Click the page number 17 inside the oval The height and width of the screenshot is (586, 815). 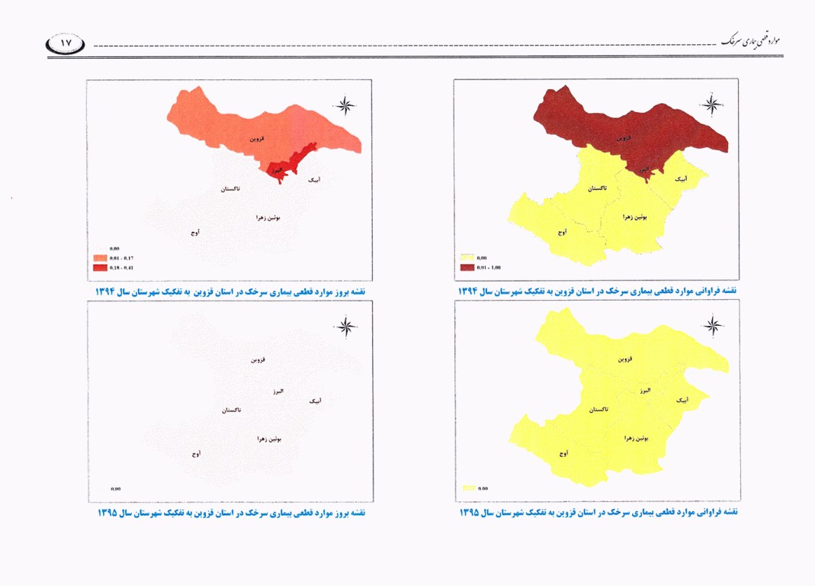[x=66, y=44]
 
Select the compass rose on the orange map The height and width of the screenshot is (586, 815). [x=345, y=105]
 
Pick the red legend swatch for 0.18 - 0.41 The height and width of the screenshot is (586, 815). [x=100, y=268]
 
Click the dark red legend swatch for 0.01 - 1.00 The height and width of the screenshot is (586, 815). [x=467, y=268]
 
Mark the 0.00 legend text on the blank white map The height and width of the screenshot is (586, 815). [x=116, y=488]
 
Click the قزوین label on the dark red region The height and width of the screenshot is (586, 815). [x=624, y=140]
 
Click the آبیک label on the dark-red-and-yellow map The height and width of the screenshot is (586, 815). [x=682, y=179]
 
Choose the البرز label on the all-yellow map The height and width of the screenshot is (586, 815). [x=645, y=390]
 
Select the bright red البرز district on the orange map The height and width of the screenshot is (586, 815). [x=288, y=167]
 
